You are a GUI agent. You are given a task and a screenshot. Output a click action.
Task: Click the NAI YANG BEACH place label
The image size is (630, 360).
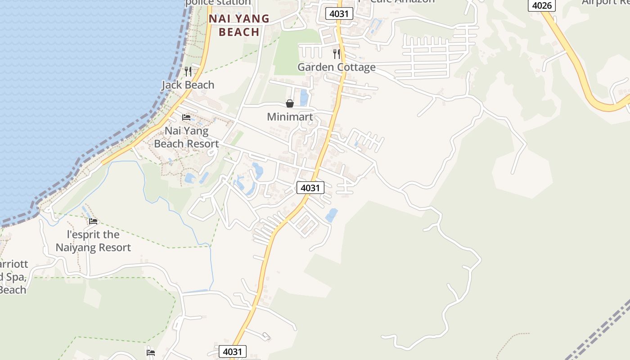(239, 25)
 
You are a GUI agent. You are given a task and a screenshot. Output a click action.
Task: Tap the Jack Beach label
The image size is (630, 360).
(188, 85)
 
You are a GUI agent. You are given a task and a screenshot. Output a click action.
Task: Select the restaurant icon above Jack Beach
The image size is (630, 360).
(188, 72)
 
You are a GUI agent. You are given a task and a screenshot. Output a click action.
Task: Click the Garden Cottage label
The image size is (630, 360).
(336, 67)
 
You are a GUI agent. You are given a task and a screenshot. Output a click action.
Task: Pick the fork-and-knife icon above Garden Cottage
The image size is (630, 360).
(336, 54)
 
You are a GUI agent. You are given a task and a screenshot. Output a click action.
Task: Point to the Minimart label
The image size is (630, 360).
(290, 117)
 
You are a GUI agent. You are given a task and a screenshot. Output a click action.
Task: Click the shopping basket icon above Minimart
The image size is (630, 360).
(290, 104)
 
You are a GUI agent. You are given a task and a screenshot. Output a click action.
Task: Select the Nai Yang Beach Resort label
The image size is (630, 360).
(186, 137)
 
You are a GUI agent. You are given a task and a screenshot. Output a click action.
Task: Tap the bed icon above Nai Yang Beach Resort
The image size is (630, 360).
(186, 117)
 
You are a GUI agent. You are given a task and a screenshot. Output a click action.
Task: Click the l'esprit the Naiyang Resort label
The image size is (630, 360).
(93, 241)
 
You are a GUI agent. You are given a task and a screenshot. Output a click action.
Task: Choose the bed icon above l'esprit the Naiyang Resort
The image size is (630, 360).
(93, 221)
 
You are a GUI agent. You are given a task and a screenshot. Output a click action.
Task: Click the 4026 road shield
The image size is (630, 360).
(541, 5)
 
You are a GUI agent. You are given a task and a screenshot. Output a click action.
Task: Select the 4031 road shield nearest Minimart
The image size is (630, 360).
(310, 188)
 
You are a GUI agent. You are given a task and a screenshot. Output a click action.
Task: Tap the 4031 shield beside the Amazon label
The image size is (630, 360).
(339, 13)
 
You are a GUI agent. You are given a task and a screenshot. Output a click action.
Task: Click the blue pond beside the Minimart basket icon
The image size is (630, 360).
(304, 98)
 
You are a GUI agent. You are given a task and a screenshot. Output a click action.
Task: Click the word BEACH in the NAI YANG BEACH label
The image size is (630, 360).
(239, 32)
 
